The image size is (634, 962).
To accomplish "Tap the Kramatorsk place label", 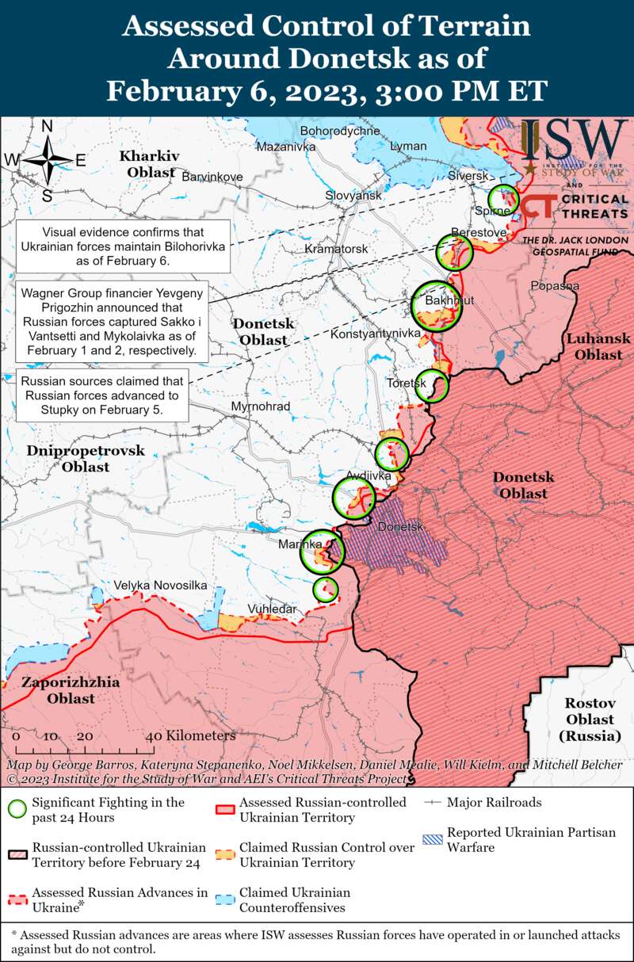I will [336, 249].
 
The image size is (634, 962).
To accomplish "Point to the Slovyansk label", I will [353, 195].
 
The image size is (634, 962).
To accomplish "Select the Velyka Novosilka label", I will [160, 585].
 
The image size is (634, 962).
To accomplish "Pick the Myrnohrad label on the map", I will [260, 407].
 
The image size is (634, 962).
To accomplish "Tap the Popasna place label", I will [555, 285].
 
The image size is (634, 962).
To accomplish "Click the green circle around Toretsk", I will [433, 385].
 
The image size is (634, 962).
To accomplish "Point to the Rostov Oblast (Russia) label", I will [590, 720].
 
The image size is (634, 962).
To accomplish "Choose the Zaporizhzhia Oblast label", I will [71, 690].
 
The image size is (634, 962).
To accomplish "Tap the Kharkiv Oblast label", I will [150, 163].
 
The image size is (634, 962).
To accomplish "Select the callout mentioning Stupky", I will [101, 395].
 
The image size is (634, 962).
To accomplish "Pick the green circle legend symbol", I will [17, 809].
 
